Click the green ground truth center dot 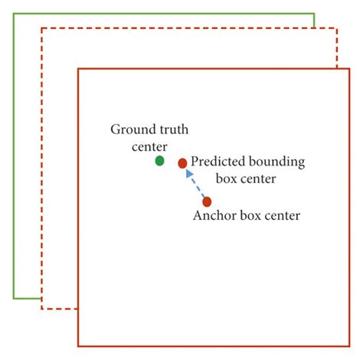[x=159, y=161]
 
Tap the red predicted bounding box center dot [x=182, y=163]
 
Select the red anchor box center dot [x=207, y=201]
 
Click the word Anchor [x=214, y=216]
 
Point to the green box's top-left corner [x=14, y=13]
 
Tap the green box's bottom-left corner [x=14, y=297]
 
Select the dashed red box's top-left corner [x=42, y=28]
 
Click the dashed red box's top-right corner [x=336, y=28]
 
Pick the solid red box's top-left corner [x=77, y=69]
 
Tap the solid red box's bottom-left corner [x=77, y=346]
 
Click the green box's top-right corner [x=315, y=13]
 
